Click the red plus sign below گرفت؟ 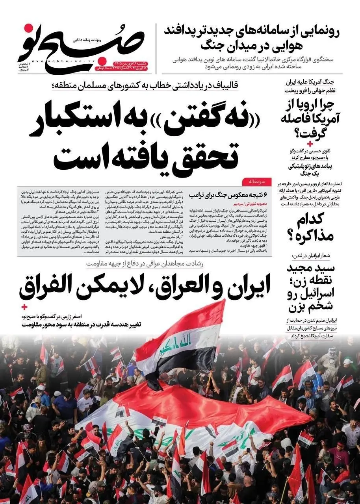(310, 143)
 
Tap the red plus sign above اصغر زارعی (24, 306)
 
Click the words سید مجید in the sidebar (312, 269)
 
